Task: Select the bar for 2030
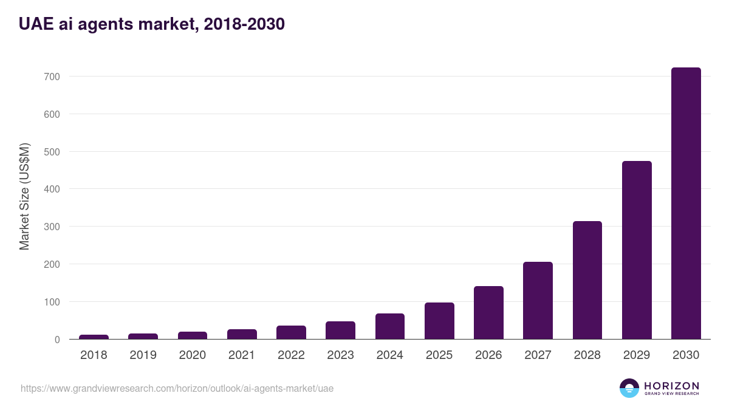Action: [x=686, y=203]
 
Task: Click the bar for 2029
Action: [x=637, y=250]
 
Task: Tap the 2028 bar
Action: [x=587, y=281]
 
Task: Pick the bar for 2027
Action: [x=538, y=301]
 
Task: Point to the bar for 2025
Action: [x=439, y=321]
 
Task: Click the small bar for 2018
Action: [x=94, y=337]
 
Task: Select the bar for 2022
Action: [x=291, y=333]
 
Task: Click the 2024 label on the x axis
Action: [x=389, y=355]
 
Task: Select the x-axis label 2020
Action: [x=192, y=355]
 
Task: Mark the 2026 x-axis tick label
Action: [x=488, y=355]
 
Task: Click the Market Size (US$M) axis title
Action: [x=24, y=196]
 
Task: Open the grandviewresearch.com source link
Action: [x=177, y=388]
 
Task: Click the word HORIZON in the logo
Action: [x=671, y=386]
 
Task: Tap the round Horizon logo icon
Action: [x=629, y=388]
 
